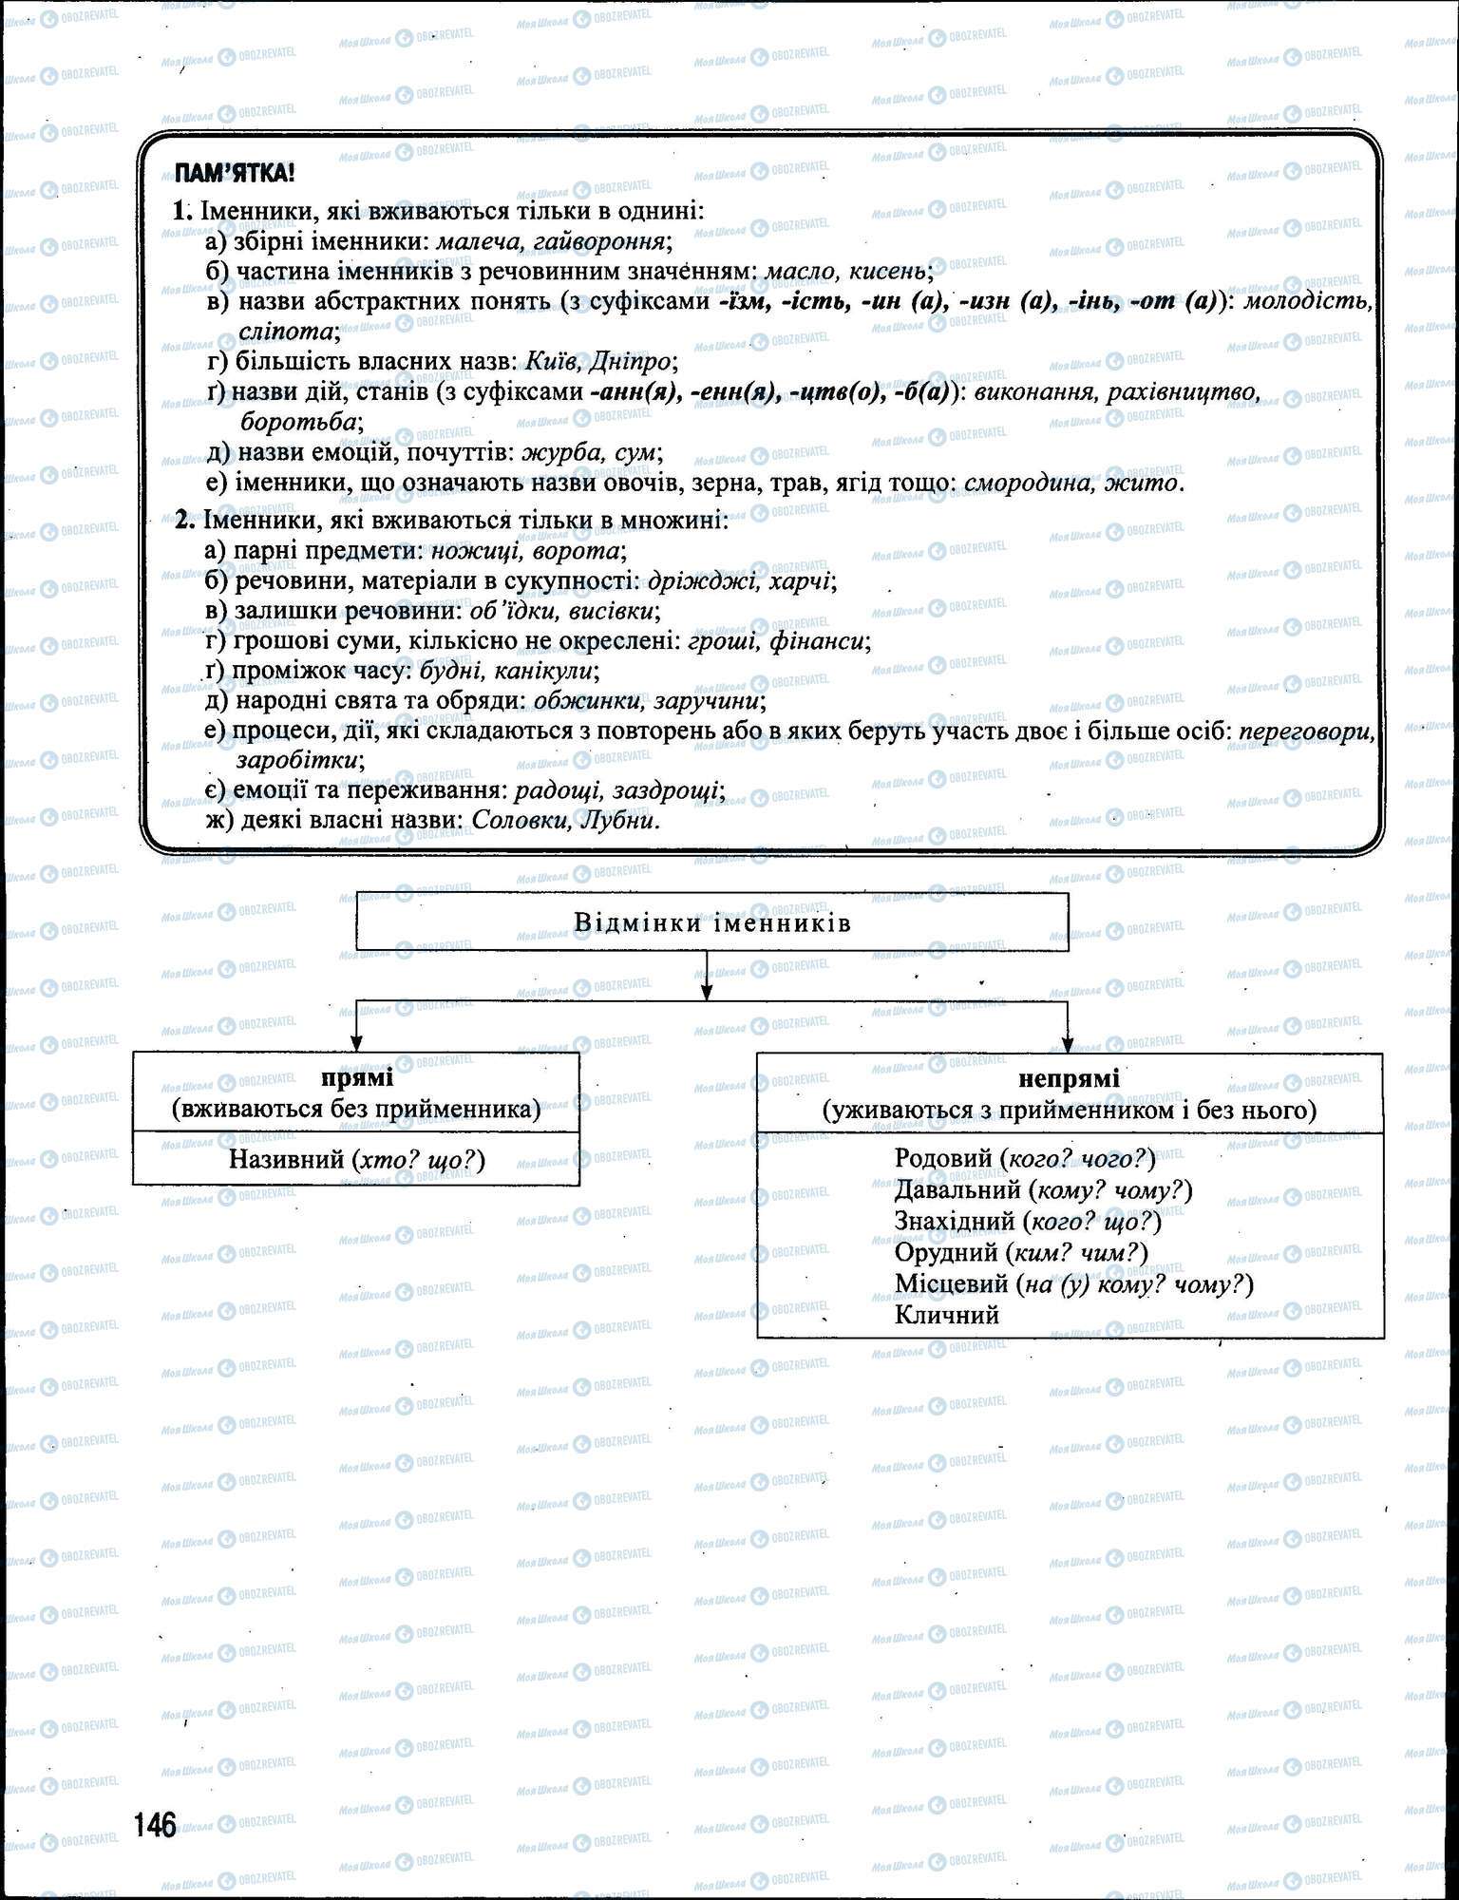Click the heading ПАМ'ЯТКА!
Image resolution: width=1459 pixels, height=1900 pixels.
(x=234, y=173)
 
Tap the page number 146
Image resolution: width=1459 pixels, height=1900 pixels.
(x=155, y=1825)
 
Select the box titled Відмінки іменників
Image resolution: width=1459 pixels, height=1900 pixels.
(x=711, y=922)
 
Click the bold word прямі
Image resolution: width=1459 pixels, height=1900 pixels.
(x=356, y=1078)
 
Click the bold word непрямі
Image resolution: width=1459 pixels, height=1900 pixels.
(x=1069, y=1078)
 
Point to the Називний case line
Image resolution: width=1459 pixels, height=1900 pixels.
(x=356, y=1159)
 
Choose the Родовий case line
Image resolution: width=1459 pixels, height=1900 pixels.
(x=1024, y=1158)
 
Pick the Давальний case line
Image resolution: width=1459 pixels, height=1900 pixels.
(x=1042, y=1189)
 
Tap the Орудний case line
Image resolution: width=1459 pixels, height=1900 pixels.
(x=1020, y=1252)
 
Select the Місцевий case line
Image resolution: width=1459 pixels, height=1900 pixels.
(x=1073, y=1284)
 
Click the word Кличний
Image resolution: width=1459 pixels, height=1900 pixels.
(x=946, y=1316)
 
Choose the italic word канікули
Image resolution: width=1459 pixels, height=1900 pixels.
(x=558, y=672)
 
